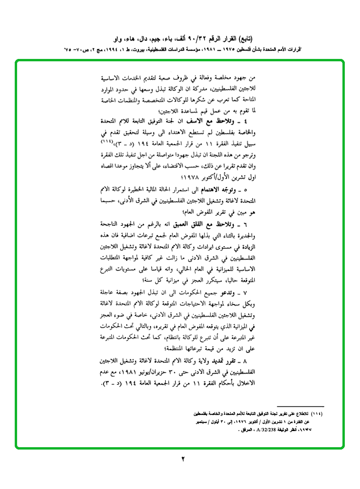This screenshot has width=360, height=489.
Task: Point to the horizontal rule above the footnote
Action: point(300,407)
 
